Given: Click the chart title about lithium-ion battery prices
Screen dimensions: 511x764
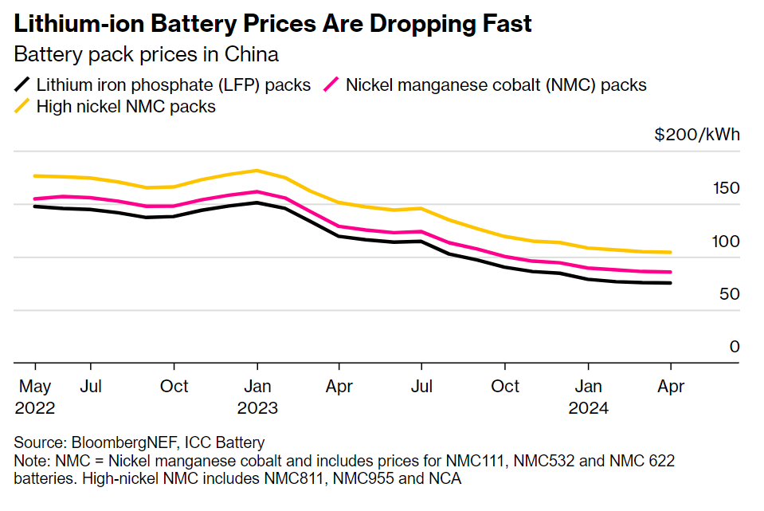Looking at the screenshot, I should click(273, 24).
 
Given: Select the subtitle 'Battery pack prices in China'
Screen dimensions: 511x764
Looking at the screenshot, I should click(147, 55).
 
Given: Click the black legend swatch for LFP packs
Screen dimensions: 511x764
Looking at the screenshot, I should click(23, 85).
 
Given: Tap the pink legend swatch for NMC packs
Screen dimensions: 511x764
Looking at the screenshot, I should click(331, 85).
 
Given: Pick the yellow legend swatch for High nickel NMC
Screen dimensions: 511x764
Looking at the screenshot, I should click(23, 106).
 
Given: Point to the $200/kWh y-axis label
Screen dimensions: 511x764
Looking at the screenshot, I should click(697, 135).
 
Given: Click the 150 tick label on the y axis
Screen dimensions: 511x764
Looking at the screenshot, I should click(727, 189).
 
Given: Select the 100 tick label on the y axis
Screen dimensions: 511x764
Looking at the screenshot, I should click(727, 242).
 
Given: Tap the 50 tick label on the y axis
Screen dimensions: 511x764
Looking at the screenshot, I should click(730, 294).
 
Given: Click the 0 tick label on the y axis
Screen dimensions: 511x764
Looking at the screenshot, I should click(735, 347).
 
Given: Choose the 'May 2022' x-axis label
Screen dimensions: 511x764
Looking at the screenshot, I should click(35, 397).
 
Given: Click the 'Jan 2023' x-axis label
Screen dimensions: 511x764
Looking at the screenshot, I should click(257, 397).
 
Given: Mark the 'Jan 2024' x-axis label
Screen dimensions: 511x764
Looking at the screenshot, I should click(588, 397).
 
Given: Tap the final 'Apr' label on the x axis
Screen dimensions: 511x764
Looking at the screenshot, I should click(670, 387).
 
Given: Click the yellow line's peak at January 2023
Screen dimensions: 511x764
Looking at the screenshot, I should click(257, 171).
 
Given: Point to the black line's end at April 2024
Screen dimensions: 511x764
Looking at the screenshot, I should click(670, 283).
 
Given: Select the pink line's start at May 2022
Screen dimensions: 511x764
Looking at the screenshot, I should click(35, 199).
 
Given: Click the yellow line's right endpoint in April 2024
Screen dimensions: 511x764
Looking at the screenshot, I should click(670, 253).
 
